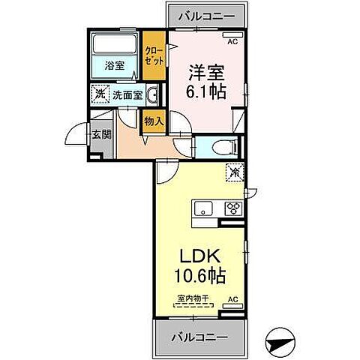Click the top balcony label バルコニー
(207, 16)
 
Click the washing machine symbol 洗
(99, 95)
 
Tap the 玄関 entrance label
(102, 135)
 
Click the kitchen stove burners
(232, 209)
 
